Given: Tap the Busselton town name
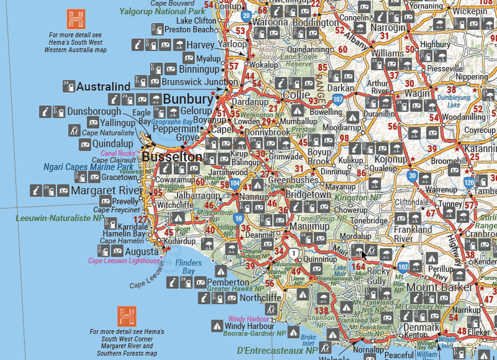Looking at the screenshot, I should pos(172,157).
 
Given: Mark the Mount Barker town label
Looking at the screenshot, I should pos(440,288).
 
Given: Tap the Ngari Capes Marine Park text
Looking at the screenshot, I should pos(88,167).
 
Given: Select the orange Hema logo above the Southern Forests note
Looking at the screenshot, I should pos(127,315).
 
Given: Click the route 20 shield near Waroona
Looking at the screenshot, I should pos(246,16).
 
